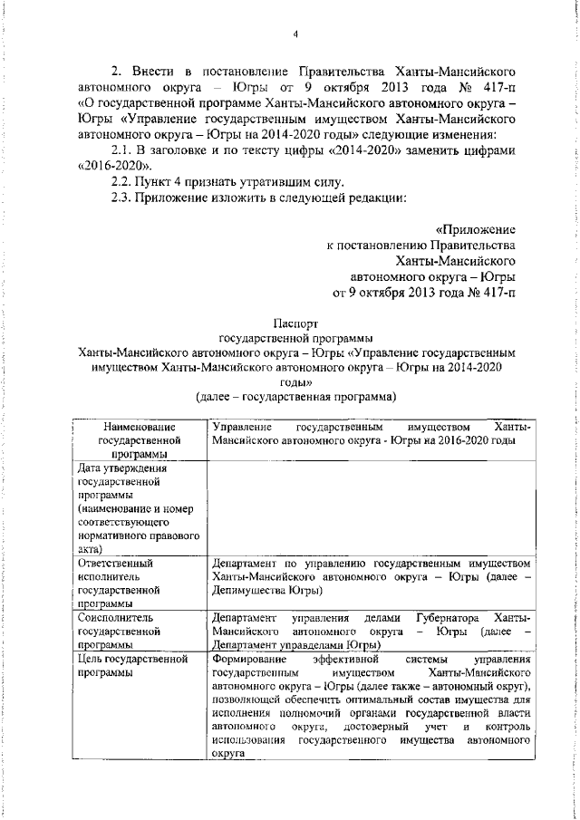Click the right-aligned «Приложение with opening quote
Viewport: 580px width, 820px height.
[x=475, y=230]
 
